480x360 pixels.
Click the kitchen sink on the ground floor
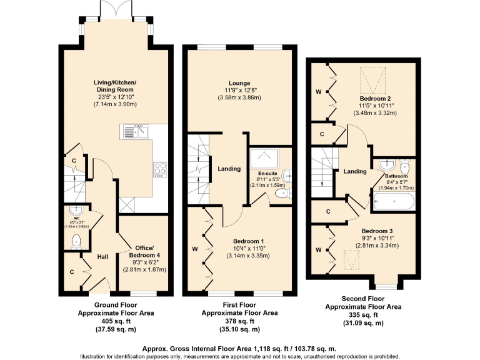[136, 131]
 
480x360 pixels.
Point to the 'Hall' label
[104, 256]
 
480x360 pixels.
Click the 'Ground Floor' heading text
[116, 305]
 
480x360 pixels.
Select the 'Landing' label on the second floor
[355, 172]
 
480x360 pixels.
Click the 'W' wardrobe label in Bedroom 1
[195, 250]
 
